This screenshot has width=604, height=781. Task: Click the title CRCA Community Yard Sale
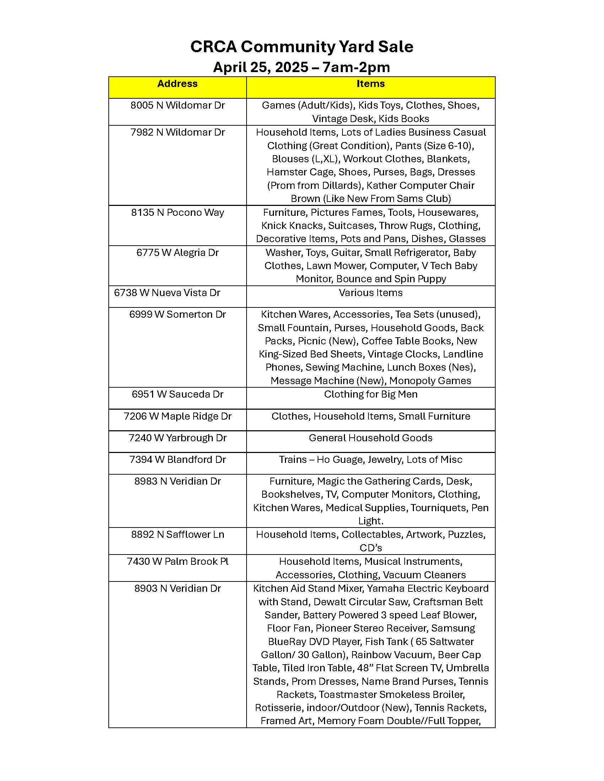click(x=302, y=47)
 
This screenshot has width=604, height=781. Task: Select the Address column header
click(x=178, y=84)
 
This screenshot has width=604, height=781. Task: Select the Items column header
click(x=370, y=84)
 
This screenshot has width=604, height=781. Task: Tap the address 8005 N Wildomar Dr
click(x=178, y=105)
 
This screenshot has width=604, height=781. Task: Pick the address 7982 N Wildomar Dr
click(x=178, y=132)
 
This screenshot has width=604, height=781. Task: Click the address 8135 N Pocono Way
click(x=178, y=212)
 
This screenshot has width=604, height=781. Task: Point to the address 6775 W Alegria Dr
click(x=178, y=253)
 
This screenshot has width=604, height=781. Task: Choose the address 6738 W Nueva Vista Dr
click(x=167, y=293)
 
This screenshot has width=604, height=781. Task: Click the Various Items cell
click(x=370, y=293)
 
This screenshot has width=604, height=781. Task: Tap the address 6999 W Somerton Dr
click(x=178, y=314)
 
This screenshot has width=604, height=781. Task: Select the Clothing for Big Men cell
click(x=370, y=394)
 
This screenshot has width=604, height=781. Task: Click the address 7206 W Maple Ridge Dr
click(x=178, y=416)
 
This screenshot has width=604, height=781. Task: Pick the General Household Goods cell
click(x=370, y=438)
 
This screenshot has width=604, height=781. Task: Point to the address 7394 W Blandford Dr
click(x=178, y=459)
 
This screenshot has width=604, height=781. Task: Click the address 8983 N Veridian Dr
click(x=178, y=481)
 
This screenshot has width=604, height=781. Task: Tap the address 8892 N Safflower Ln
click(x=178, y=535)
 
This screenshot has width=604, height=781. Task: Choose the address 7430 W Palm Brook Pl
click(x=178, y=562)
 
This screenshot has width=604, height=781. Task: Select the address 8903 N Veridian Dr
click(x=178, y=589)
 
